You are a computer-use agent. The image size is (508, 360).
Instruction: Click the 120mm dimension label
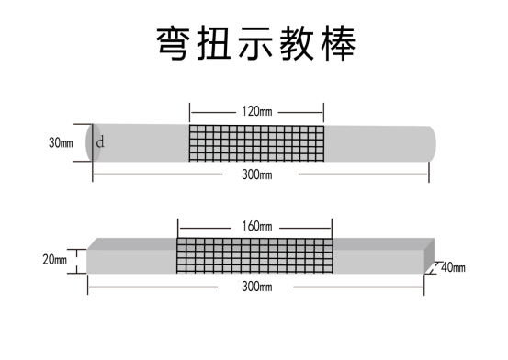click(257, 111)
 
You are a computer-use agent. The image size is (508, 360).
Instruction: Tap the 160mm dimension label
click(257, 226)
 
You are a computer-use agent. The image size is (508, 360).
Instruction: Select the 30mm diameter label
click(62, 143)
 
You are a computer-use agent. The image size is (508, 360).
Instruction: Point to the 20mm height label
click(55, 260)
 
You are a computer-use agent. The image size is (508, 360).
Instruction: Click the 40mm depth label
click(453, 268)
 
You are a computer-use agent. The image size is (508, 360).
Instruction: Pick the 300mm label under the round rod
click(257, 174)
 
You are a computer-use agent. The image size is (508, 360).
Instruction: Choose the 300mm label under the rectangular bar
click(257, 287)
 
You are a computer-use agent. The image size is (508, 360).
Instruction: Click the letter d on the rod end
click(100, 142)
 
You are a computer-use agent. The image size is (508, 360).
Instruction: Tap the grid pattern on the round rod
click(257, 142)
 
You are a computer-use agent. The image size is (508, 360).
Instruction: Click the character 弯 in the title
click(176, 43)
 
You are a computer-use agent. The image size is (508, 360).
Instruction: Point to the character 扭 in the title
click(218, 43)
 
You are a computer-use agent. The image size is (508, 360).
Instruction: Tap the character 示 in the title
click(258, 43)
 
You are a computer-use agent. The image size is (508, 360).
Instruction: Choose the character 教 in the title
click(299, 43)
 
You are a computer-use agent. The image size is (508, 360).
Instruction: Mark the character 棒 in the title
click(338, 43)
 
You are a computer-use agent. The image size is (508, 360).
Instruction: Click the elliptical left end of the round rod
click(92, 142)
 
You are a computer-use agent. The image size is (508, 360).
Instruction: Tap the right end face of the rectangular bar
click(427, 263)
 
